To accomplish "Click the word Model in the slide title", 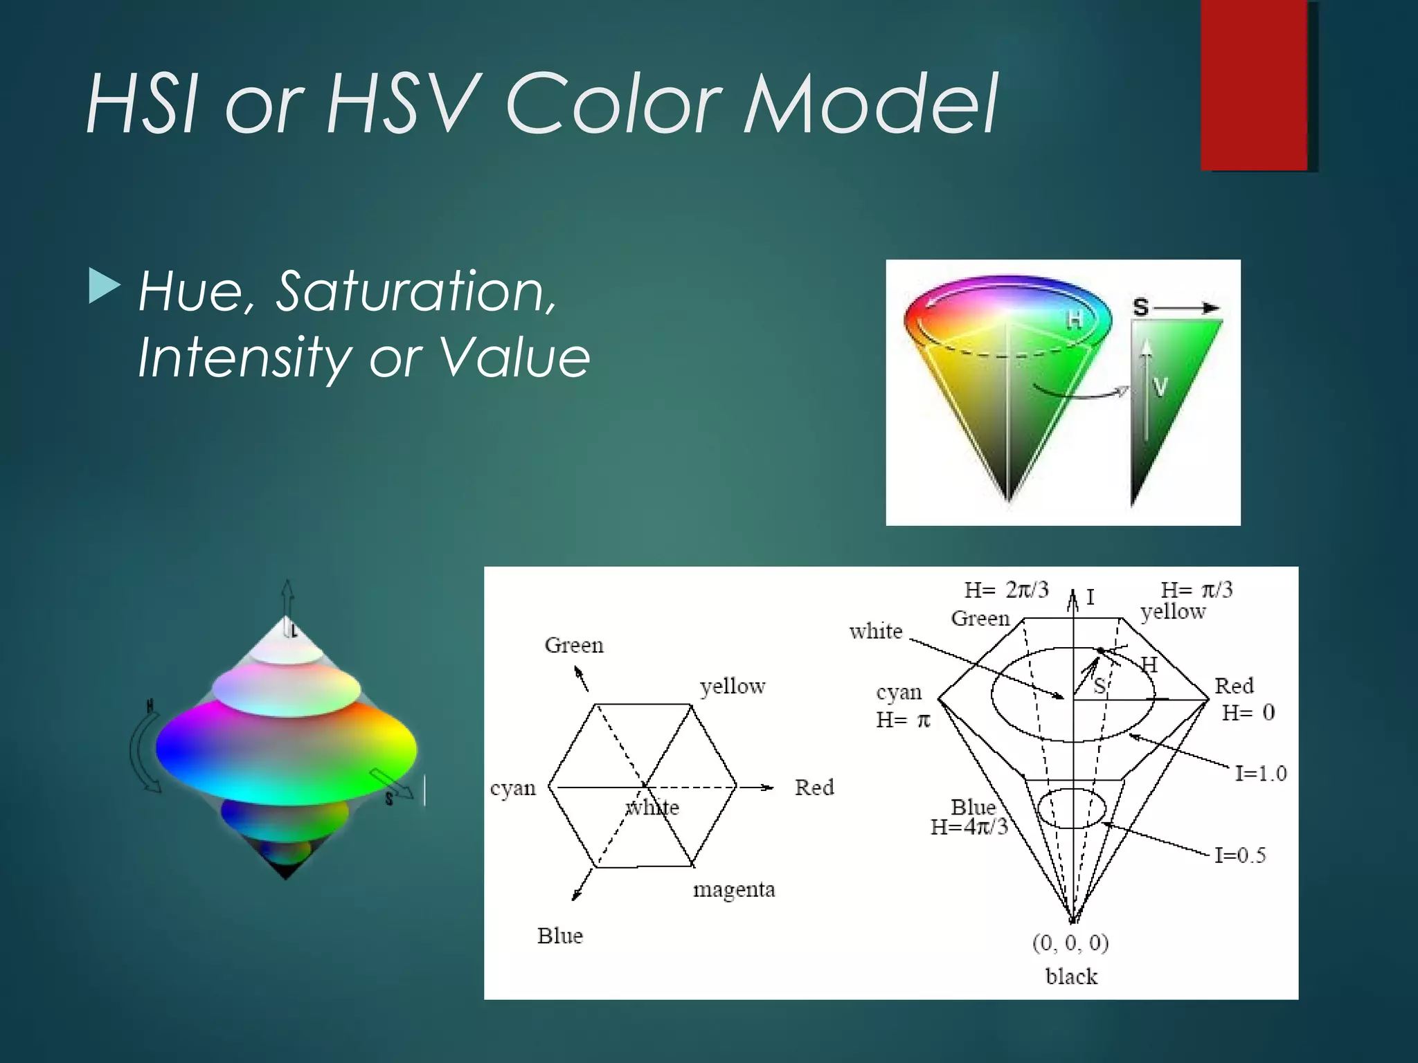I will (870, 104).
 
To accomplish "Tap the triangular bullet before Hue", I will (105, 287).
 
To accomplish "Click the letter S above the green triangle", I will (1140, 307).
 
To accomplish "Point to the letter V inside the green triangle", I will (1160, 387).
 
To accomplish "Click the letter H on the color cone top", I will (1074, 319).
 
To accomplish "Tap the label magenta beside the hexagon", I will (734, 889).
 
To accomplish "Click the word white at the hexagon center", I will (653, 808).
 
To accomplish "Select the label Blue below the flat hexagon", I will (560, 936).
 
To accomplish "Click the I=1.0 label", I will (1261, 773).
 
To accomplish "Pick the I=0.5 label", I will (1240, 855).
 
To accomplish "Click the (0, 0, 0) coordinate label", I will (1070, 943).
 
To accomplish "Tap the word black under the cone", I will (1071, 976).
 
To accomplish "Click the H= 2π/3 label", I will (1007, 590).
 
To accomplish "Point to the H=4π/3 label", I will (969, 827).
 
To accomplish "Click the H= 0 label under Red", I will (1248, 713).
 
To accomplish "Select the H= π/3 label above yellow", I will (1196, 590).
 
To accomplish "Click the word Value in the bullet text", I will (514, 358).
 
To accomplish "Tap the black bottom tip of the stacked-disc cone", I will (286, 873).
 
